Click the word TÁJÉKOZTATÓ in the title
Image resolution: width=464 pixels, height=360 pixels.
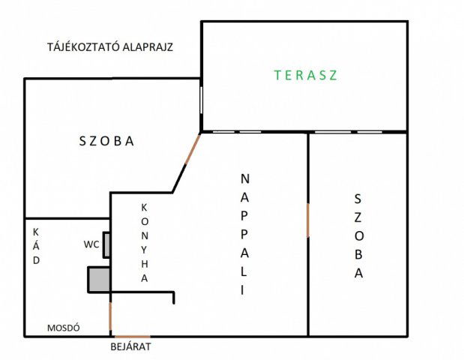coord(84,46)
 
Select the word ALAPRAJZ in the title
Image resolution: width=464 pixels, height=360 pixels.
coord(148,47)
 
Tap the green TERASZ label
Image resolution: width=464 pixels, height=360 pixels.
coord(306,75)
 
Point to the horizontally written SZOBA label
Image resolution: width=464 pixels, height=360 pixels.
coord(106,141)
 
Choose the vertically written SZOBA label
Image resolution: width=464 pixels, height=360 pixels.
coord(358,236)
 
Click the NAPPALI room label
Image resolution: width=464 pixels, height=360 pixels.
coord(244,235)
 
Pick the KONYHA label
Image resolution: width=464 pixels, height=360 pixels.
coord(144,243)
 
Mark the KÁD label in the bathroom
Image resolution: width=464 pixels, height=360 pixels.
coord(36,246)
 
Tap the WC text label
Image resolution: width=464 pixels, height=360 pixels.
coord(91,244)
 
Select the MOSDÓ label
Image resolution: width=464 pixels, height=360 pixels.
coord(64,328)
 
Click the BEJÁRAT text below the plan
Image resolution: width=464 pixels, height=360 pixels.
coord(130,346)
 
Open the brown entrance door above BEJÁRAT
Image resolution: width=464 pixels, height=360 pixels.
coord(132,337)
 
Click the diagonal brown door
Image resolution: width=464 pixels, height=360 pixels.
coord(193,148)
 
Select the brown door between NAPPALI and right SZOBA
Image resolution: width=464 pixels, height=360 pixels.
coord(308,220)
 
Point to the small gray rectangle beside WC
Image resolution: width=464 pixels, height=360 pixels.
coord(106,245)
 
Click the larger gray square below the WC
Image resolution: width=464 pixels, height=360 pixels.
coord(100,280)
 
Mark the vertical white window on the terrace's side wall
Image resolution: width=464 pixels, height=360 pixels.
coord(201,100)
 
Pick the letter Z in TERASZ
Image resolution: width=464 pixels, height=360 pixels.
coord(334,75)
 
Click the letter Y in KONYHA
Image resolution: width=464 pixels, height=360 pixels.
coord(144,250)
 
